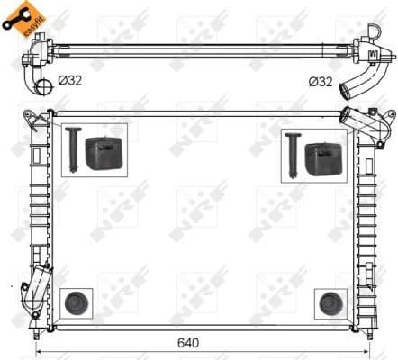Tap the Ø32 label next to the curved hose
click(x=321, y=82)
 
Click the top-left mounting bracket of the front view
click(x=33, y=118)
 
